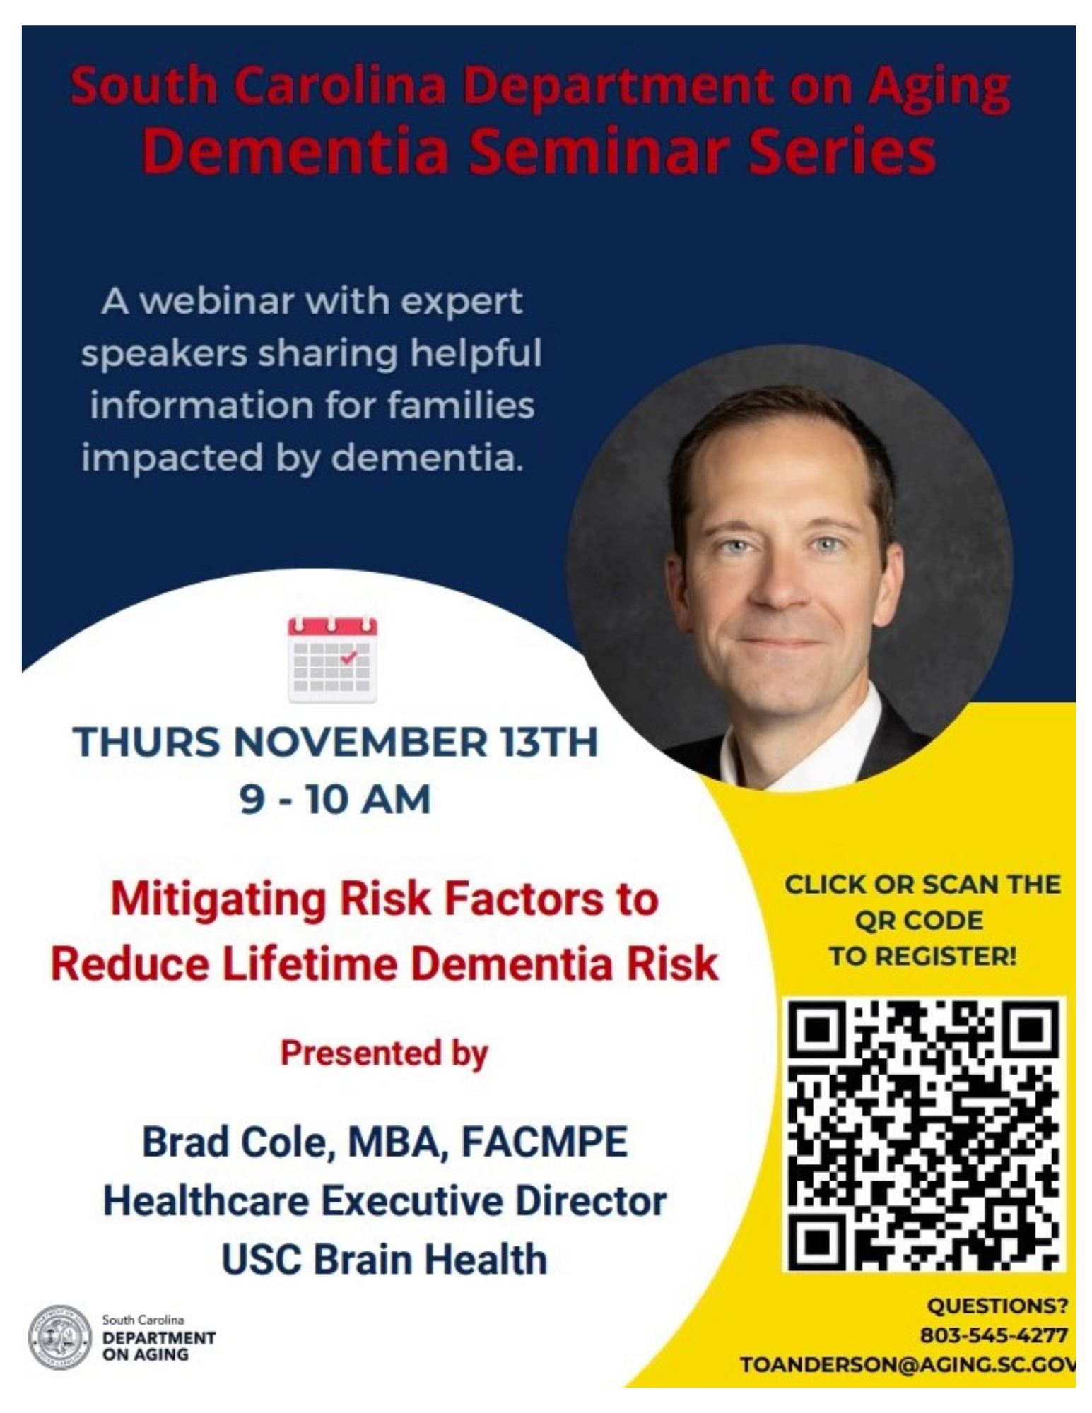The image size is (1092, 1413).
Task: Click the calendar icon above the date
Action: pos(332,659)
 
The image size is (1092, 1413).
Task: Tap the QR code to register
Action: pos(923,1134)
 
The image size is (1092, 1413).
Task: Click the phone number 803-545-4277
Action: pos(993,1335)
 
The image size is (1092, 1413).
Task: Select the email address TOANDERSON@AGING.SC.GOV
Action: pos(908,1364)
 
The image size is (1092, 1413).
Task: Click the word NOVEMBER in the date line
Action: pos(360,742)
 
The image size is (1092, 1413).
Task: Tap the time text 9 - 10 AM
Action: pos(334,799)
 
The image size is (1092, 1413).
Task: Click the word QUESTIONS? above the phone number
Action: pos(997,1306)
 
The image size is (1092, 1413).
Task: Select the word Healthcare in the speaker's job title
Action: pos(206,1201)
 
